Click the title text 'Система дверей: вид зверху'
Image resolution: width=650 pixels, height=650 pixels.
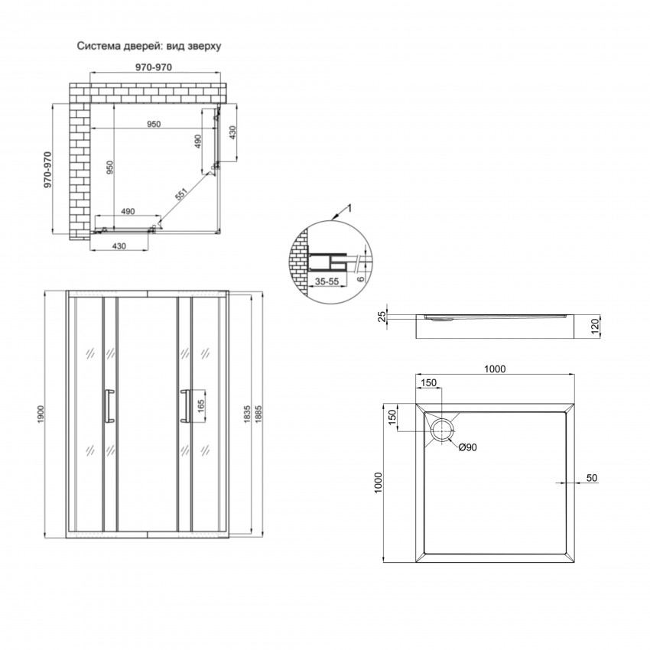click(x=149, y=46)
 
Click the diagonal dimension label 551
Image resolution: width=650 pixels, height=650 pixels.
click(x=181, y=194)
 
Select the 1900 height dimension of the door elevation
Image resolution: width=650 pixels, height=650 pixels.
click(x=41, y=414)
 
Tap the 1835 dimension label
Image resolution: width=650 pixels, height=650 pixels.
click(x=247, y=414)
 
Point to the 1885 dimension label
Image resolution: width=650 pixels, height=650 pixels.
click(x=258, y=414)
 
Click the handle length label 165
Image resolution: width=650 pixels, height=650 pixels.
click(x=201, y=406)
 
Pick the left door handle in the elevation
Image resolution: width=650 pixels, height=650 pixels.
click(x=109, y=406)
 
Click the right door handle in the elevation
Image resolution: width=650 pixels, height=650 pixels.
click(x=185, y=406)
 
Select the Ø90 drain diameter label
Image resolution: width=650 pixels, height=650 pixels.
click(x=467, y=447)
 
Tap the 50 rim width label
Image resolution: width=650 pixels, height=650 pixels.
click(x=592, y=477)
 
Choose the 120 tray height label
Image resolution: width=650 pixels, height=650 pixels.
click(x=595, y=327)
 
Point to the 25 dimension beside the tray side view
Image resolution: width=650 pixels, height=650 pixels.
click(x=382, y=317)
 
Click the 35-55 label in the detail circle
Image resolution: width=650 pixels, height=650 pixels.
click(x=327, y=281)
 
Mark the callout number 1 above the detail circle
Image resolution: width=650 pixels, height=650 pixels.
click(x=349, y=208)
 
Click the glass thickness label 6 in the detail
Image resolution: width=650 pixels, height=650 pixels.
click(x=361, y=278)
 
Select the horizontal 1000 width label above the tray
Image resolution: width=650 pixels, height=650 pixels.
click(x=495, y=369)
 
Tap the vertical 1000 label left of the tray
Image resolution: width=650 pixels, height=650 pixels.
click(x=378, y=483)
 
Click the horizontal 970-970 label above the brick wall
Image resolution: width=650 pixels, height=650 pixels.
click(x=154, y=67)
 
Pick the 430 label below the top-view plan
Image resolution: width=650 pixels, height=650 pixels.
click(x=119, y=246)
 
